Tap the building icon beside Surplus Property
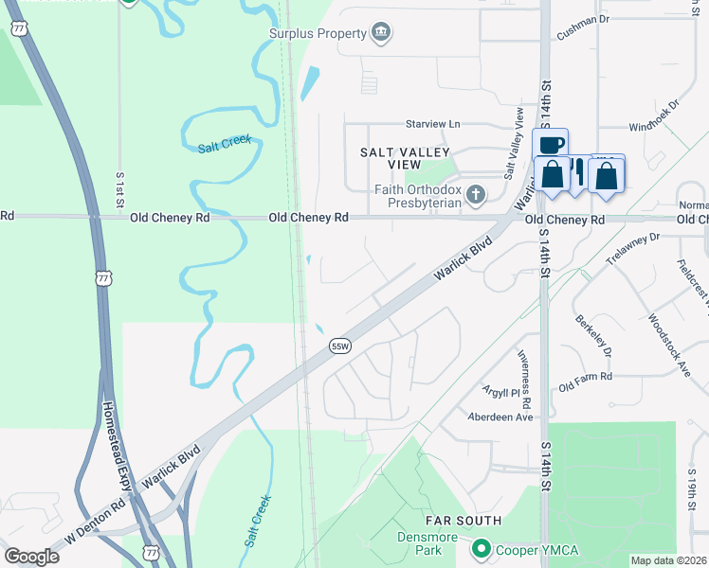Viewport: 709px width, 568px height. pyautogui.click(x=381, y=34)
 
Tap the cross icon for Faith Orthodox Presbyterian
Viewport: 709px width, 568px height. pyautogui.click(x=476, y=195)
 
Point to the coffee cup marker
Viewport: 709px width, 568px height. pyautogui.click(x=551, y=145)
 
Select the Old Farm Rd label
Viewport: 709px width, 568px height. pyautogui.click(x=586, y=380)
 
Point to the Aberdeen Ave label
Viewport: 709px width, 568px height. pyautogui.click(x=500, y=417)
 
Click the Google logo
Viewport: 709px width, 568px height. pyautogui.click(x=31, y=557)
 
